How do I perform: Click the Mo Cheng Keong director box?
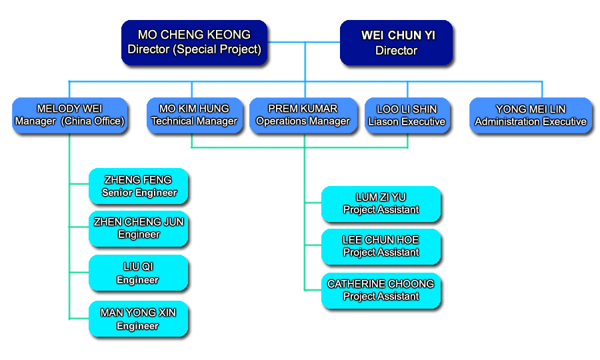tap(194, 42)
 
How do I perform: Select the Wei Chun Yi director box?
tap(396, 42)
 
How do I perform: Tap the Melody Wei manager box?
tap(69, 115)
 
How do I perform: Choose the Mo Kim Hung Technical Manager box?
tap(195, 115)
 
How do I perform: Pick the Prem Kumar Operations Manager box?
tap(303, 115)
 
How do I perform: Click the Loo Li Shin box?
tap(407, 115)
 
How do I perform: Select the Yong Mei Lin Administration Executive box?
tap(531, 115)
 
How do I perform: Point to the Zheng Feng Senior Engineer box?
tap(139, 186)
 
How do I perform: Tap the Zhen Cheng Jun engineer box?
tap(139, 229)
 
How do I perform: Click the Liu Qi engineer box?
tap(139, 273)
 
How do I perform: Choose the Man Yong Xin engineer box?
tap(139, 319)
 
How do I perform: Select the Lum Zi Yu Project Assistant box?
tap(381, 204)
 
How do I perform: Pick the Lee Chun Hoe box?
tap(381, 247)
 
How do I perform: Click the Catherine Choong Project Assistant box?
tap(381, 291)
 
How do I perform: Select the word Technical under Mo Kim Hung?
tap(173, 121)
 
